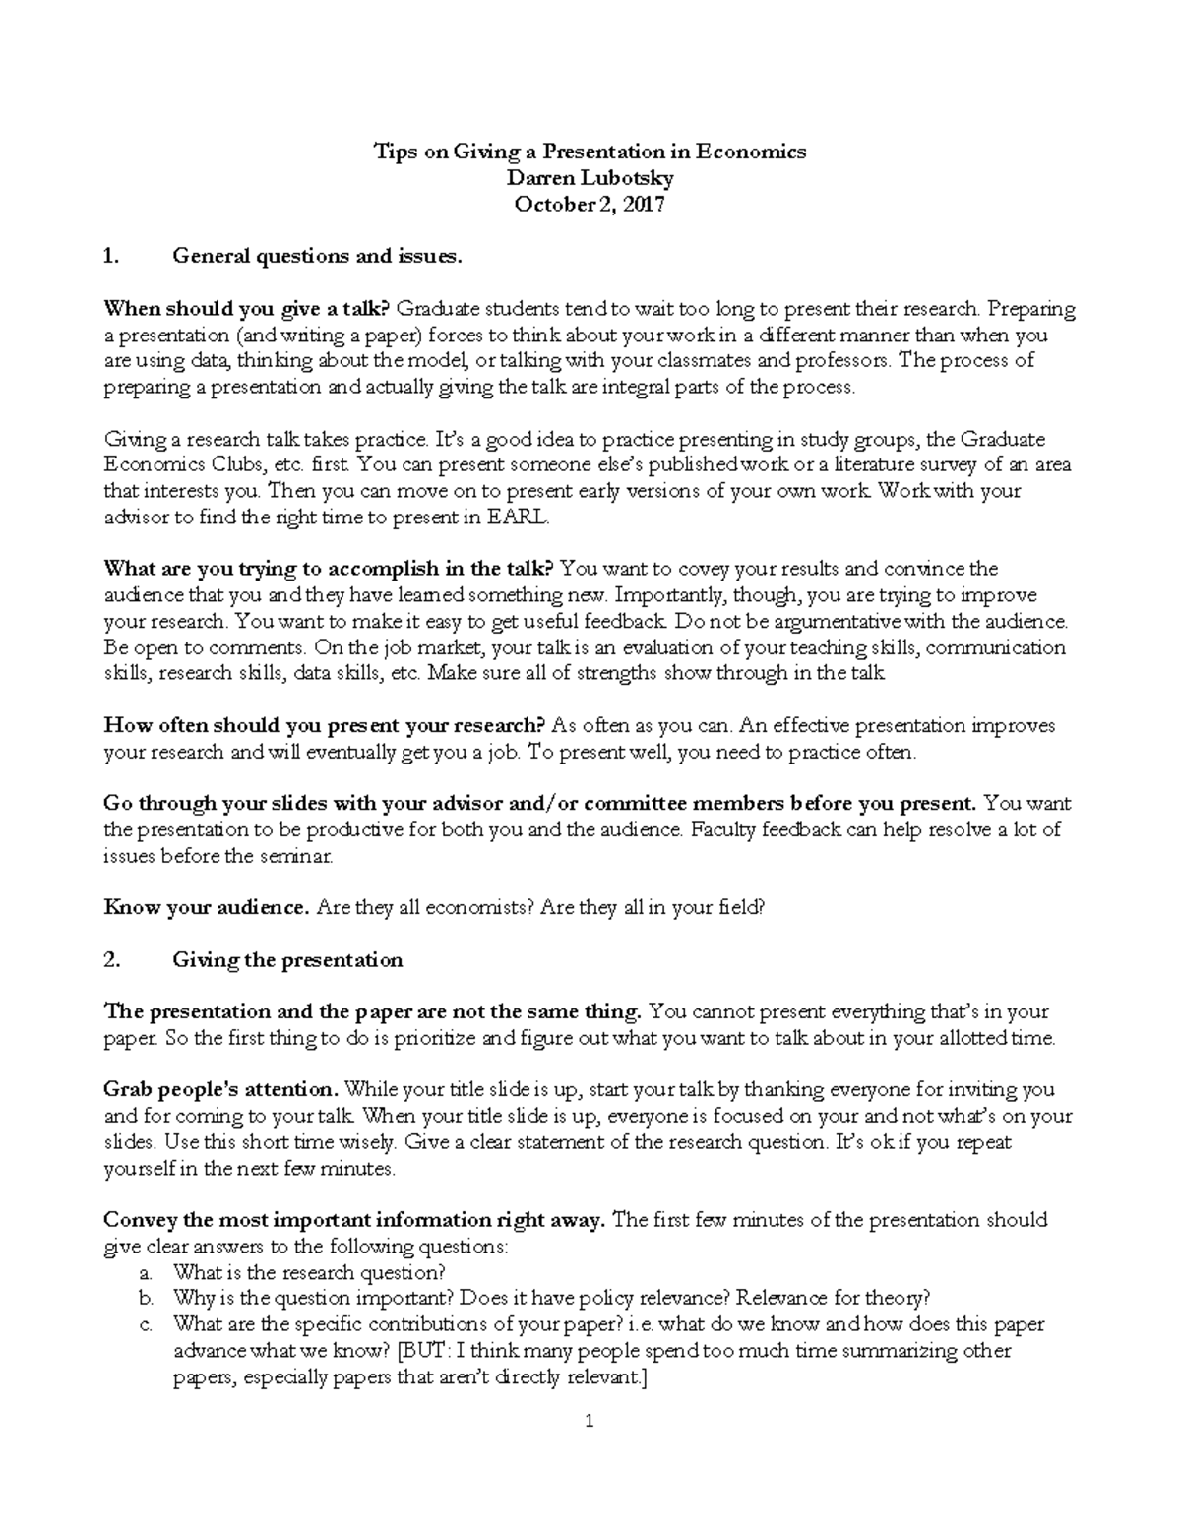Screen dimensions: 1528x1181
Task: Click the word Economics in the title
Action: coord(750,152)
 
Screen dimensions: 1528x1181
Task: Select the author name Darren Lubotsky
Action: coord(590,178)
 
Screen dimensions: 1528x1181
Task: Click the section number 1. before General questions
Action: coord(111,257)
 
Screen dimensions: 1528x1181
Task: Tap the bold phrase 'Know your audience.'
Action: coord(207,908)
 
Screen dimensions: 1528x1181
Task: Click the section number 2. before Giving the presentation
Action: coord(111,960)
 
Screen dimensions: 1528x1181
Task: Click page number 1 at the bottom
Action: coord(590,1421)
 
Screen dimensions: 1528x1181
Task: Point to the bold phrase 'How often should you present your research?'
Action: coord(324,726)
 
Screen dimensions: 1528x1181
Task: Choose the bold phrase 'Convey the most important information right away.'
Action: coord(354,1220)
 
